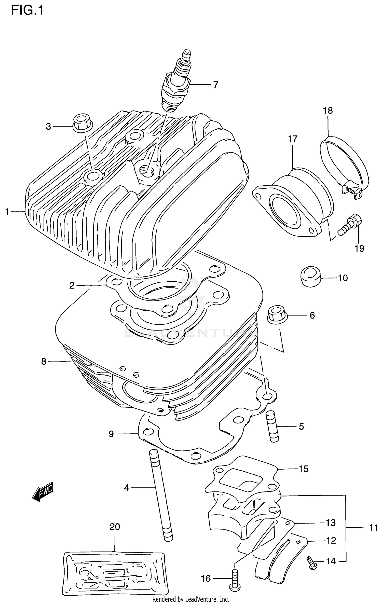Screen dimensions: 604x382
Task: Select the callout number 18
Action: tap(328, 111)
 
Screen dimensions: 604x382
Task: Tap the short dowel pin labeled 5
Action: tap(272, 427)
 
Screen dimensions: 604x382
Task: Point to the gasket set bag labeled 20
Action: tap(115, 572)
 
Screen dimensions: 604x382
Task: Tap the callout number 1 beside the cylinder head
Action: tap(7, 212)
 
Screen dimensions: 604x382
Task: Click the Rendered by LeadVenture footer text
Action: tap(190, 599)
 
